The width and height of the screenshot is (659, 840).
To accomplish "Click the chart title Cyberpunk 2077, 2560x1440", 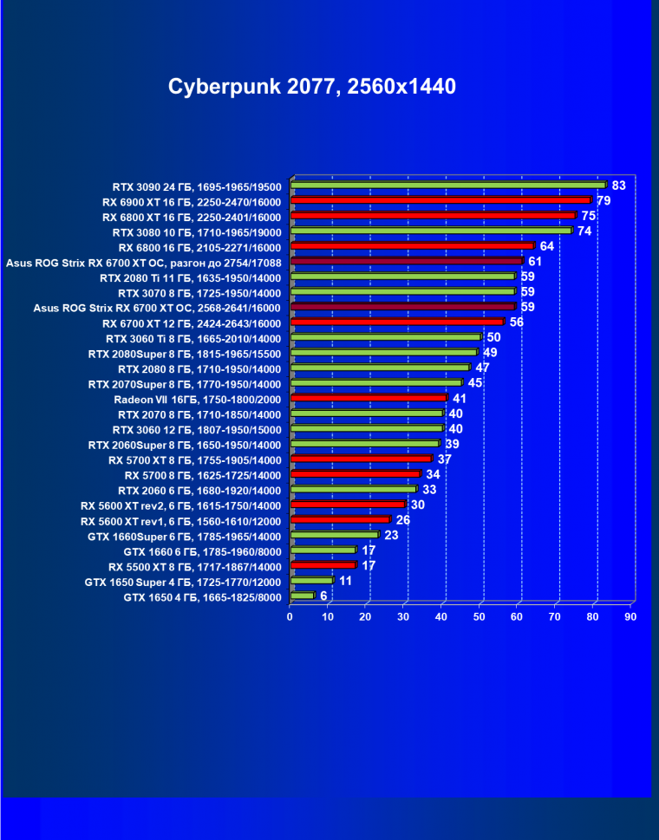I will [312, 87].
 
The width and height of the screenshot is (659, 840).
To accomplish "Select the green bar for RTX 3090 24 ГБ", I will [447, 185].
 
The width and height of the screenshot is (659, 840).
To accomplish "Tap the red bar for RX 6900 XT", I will [440, 200].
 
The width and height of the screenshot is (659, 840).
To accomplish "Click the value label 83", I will [618, 186].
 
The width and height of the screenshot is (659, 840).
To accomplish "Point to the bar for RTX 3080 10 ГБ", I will [431, 231].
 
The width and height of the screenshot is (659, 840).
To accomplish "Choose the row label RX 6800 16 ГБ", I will [199, 246].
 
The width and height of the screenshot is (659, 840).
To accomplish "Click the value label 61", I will [535, 262].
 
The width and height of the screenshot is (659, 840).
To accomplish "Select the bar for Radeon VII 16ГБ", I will [369, 398].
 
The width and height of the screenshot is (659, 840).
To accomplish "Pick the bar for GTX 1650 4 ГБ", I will [303, 596].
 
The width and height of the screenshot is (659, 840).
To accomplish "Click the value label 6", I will [323, 596].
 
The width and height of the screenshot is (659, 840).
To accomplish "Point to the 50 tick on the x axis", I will [480, 616].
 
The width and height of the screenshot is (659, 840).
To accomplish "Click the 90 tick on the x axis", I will [630, 616].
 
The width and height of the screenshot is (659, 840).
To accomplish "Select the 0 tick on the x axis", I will [290, 616].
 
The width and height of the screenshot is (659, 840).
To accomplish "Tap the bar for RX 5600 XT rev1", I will [341, 520].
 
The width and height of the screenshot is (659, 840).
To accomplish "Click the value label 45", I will [475, 383].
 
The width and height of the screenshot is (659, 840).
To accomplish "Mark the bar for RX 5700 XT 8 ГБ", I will [361, 459].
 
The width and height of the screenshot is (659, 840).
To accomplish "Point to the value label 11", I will [345, 581].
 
